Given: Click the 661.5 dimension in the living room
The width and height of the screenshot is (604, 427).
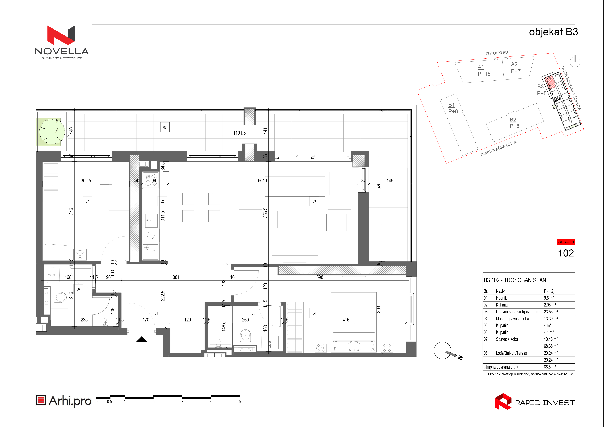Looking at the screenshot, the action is pyautogui.click(x=263, y=181).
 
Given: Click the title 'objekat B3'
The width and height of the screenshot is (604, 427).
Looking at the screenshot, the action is pyautogui.click(x=553, y=32).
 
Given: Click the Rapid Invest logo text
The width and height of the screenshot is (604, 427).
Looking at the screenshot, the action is pyautogui.click(x=545, y=403).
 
